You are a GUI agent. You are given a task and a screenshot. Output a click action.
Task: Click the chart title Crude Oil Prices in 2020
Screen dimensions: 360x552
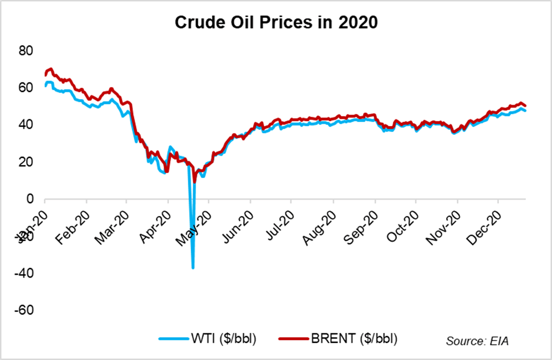pos(276,23)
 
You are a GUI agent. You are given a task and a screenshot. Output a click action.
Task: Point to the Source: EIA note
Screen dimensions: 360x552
pos(477,341)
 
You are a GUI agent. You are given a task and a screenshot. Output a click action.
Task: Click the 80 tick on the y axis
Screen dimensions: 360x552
pos(27,51)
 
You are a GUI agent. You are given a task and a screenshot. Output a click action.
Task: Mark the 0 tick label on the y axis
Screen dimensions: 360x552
pos(30,199)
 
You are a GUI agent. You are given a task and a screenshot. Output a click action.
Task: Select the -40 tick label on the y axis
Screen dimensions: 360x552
pos(24,273)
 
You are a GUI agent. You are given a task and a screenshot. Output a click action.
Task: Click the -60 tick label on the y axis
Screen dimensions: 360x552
pos(24,310)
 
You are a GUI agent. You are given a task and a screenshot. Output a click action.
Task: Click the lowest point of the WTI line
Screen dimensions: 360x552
pos(193,268)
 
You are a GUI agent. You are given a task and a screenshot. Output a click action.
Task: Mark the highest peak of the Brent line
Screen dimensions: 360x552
pos(51,69)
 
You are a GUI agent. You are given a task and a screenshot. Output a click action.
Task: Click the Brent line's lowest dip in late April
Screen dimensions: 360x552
pos(195,182)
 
